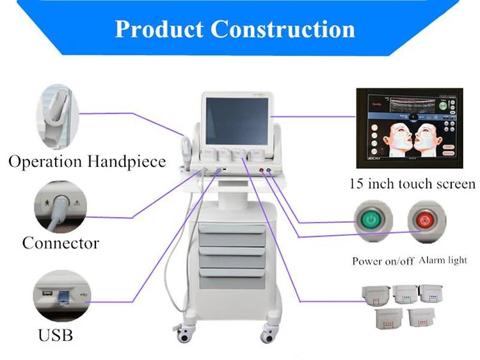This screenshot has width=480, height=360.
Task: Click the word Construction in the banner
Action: (x=283, y=29)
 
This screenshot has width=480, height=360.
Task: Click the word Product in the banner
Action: (x=159, y=29)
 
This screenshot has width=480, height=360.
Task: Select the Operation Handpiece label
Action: (x=87, y=161)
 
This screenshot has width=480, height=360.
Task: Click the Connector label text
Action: (x=61, y=243)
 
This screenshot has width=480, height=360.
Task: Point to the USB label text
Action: (x=56, y=334)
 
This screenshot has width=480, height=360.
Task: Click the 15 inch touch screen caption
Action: (x=412, y=184)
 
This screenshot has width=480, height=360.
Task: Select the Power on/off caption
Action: (x=383, y=262)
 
